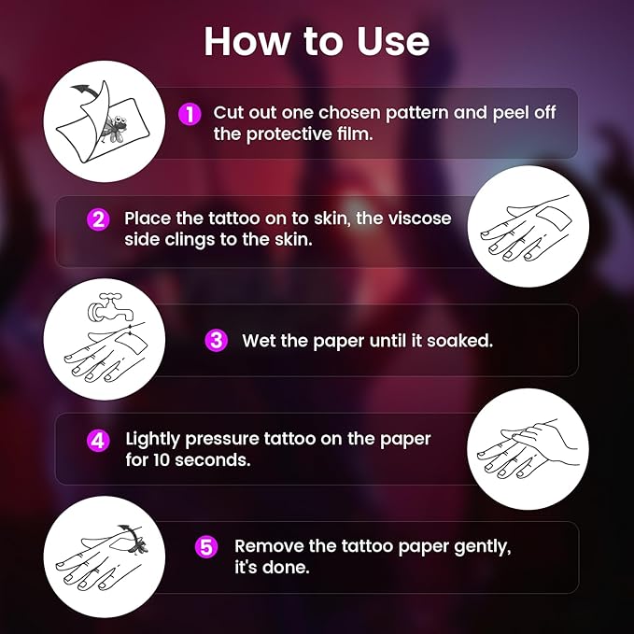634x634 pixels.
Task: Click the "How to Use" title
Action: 317,41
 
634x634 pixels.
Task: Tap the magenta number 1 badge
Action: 189,114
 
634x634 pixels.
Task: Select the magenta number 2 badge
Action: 98,219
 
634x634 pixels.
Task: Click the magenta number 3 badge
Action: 217,340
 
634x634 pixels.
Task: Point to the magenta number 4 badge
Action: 98,439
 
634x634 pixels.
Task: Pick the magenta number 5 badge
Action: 205,546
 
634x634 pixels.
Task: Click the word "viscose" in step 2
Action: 417,218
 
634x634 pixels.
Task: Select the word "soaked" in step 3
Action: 461,341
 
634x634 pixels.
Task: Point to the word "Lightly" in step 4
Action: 154,439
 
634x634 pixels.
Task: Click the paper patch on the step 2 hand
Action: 542,223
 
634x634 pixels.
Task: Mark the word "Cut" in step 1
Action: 228,113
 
